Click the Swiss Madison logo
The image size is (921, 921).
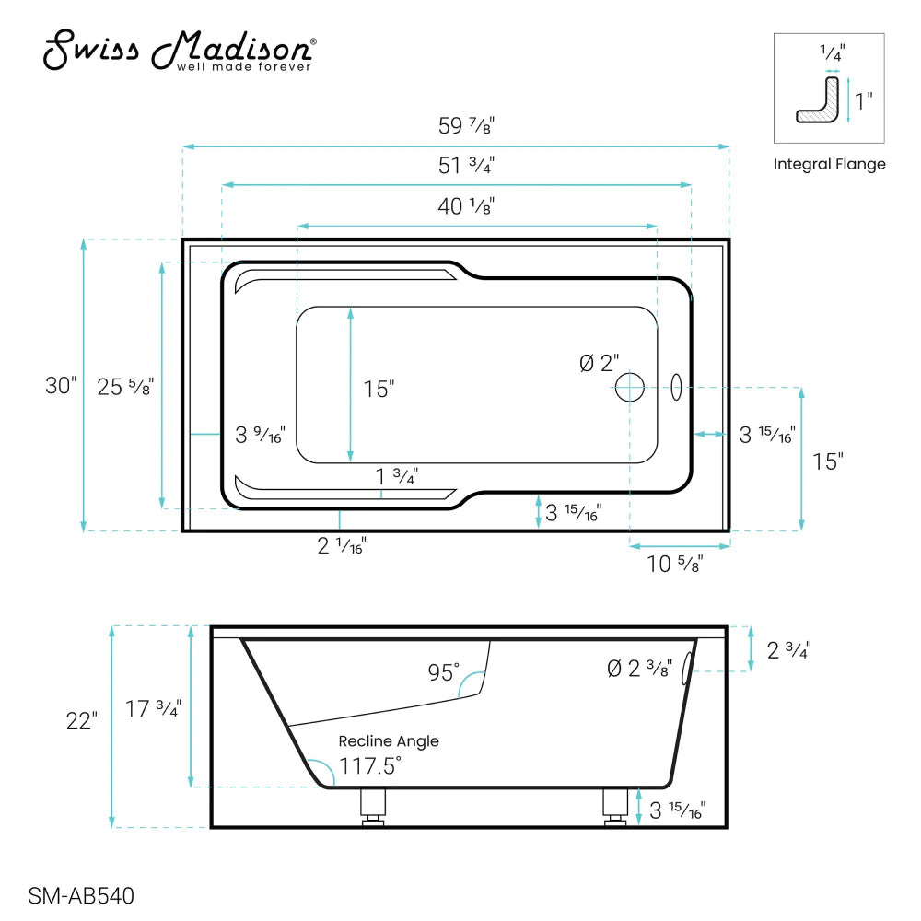coord(181,52)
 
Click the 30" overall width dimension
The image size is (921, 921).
coord(61,385)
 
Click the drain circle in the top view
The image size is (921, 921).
coord(630,387)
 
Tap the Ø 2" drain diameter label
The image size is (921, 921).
coord(600,364)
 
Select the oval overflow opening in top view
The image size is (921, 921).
coord(675,387)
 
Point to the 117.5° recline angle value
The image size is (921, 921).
coord(369,765)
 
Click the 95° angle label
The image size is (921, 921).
coord(443,673)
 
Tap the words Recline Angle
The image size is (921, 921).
coord(388,740)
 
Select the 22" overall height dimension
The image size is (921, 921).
coord(81,720)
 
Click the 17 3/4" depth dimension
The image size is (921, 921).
coord(153,707)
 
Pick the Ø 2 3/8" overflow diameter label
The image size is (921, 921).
coord(640,668)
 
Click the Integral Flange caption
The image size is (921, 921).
coord(829,165)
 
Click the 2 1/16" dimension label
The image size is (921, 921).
coord(342,546)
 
